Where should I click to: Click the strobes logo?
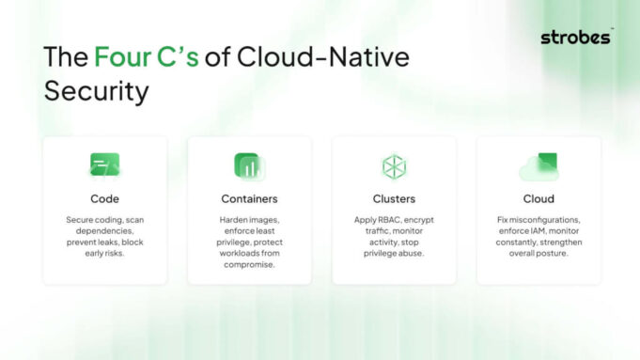577,38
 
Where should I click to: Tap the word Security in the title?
97,91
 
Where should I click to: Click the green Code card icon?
104,165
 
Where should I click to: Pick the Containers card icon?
249,166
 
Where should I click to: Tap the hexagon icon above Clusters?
394,166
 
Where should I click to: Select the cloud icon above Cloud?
539,167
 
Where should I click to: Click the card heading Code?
104,198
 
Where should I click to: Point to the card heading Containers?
249,198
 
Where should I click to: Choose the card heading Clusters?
394,198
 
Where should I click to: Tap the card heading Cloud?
539,198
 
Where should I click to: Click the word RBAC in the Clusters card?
380,220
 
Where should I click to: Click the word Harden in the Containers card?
222,220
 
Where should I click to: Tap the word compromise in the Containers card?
249,264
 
